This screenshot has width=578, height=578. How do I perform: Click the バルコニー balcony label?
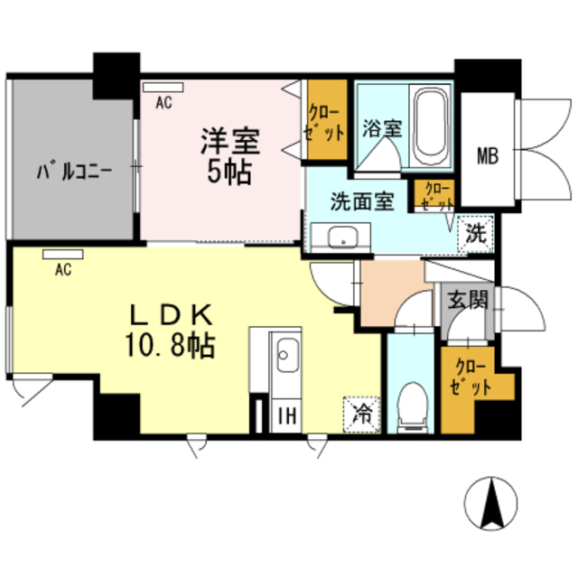[74, 170]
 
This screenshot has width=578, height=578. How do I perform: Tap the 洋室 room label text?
[229, 142]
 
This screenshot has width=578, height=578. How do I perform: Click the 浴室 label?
[382, 128]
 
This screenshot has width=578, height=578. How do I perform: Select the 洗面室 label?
[360, 201]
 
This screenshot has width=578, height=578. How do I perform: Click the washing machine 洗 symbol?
[475, 233]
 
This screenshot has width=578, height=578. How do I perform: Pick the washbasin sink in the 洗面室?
[343, 238]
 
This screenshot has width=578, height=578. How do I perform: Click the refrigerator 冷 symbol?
[361, 415]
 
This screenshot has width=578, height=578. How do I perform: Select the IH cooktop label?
[284, 415]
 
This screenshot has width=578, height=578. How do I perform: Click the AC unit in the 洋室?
[163, 88]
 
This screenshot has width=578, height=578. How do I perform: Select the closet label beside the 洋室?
[326, 121]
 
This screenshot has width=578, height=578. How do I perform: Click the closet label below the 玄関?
[473, 378]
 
